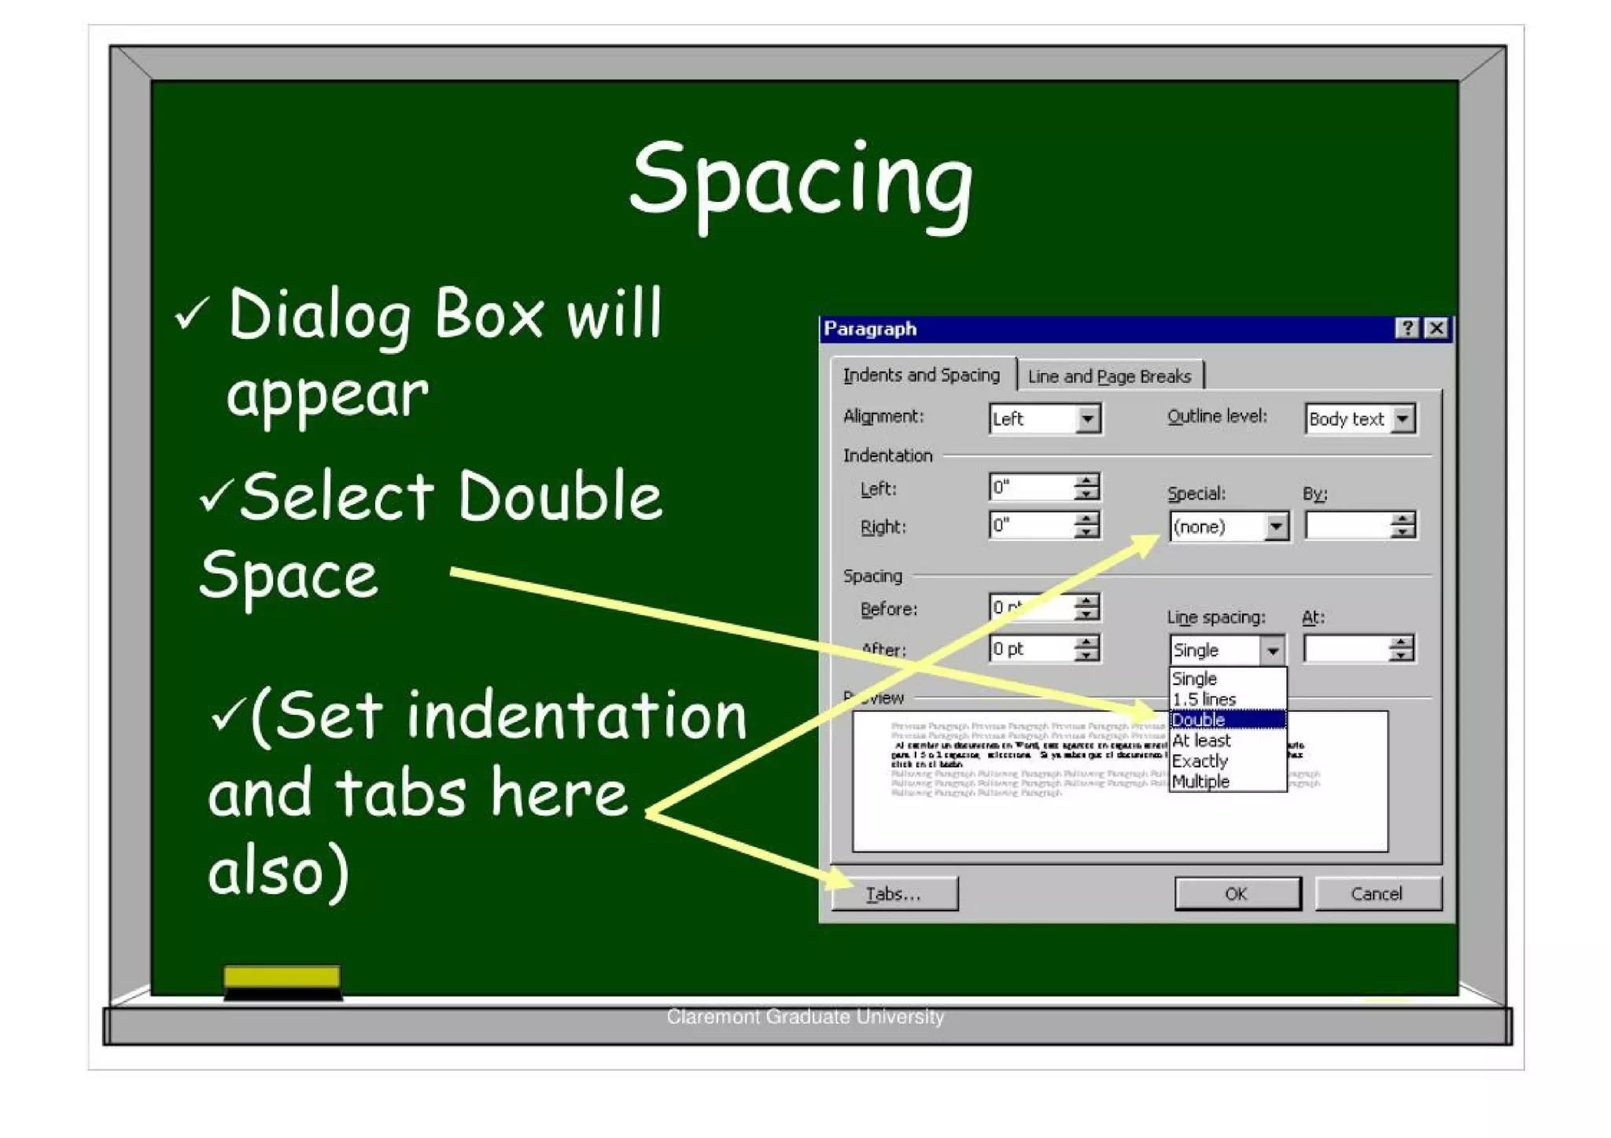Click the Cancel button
point(1377,893)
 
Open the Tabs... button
point(894,894)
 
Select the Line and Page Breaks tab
point(1109,377)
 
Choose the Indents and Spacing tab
point(921,375)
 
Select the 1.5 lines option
point(1204,699)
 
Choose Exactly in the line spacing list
point(1200,761)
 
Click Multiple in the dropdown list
point(1201,781)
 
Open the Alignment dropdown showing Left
point(1044,419)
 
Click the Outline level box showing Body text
point(1359,419)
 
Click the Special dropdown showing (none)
point(1228,526)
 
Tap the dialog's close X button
point(1436,328)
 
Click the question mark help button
point(1407,328)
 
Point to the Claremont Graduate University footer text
point(805,1016)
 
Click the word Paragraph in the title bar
point(870,329)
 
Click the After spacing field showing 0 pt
point(1031,649)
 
